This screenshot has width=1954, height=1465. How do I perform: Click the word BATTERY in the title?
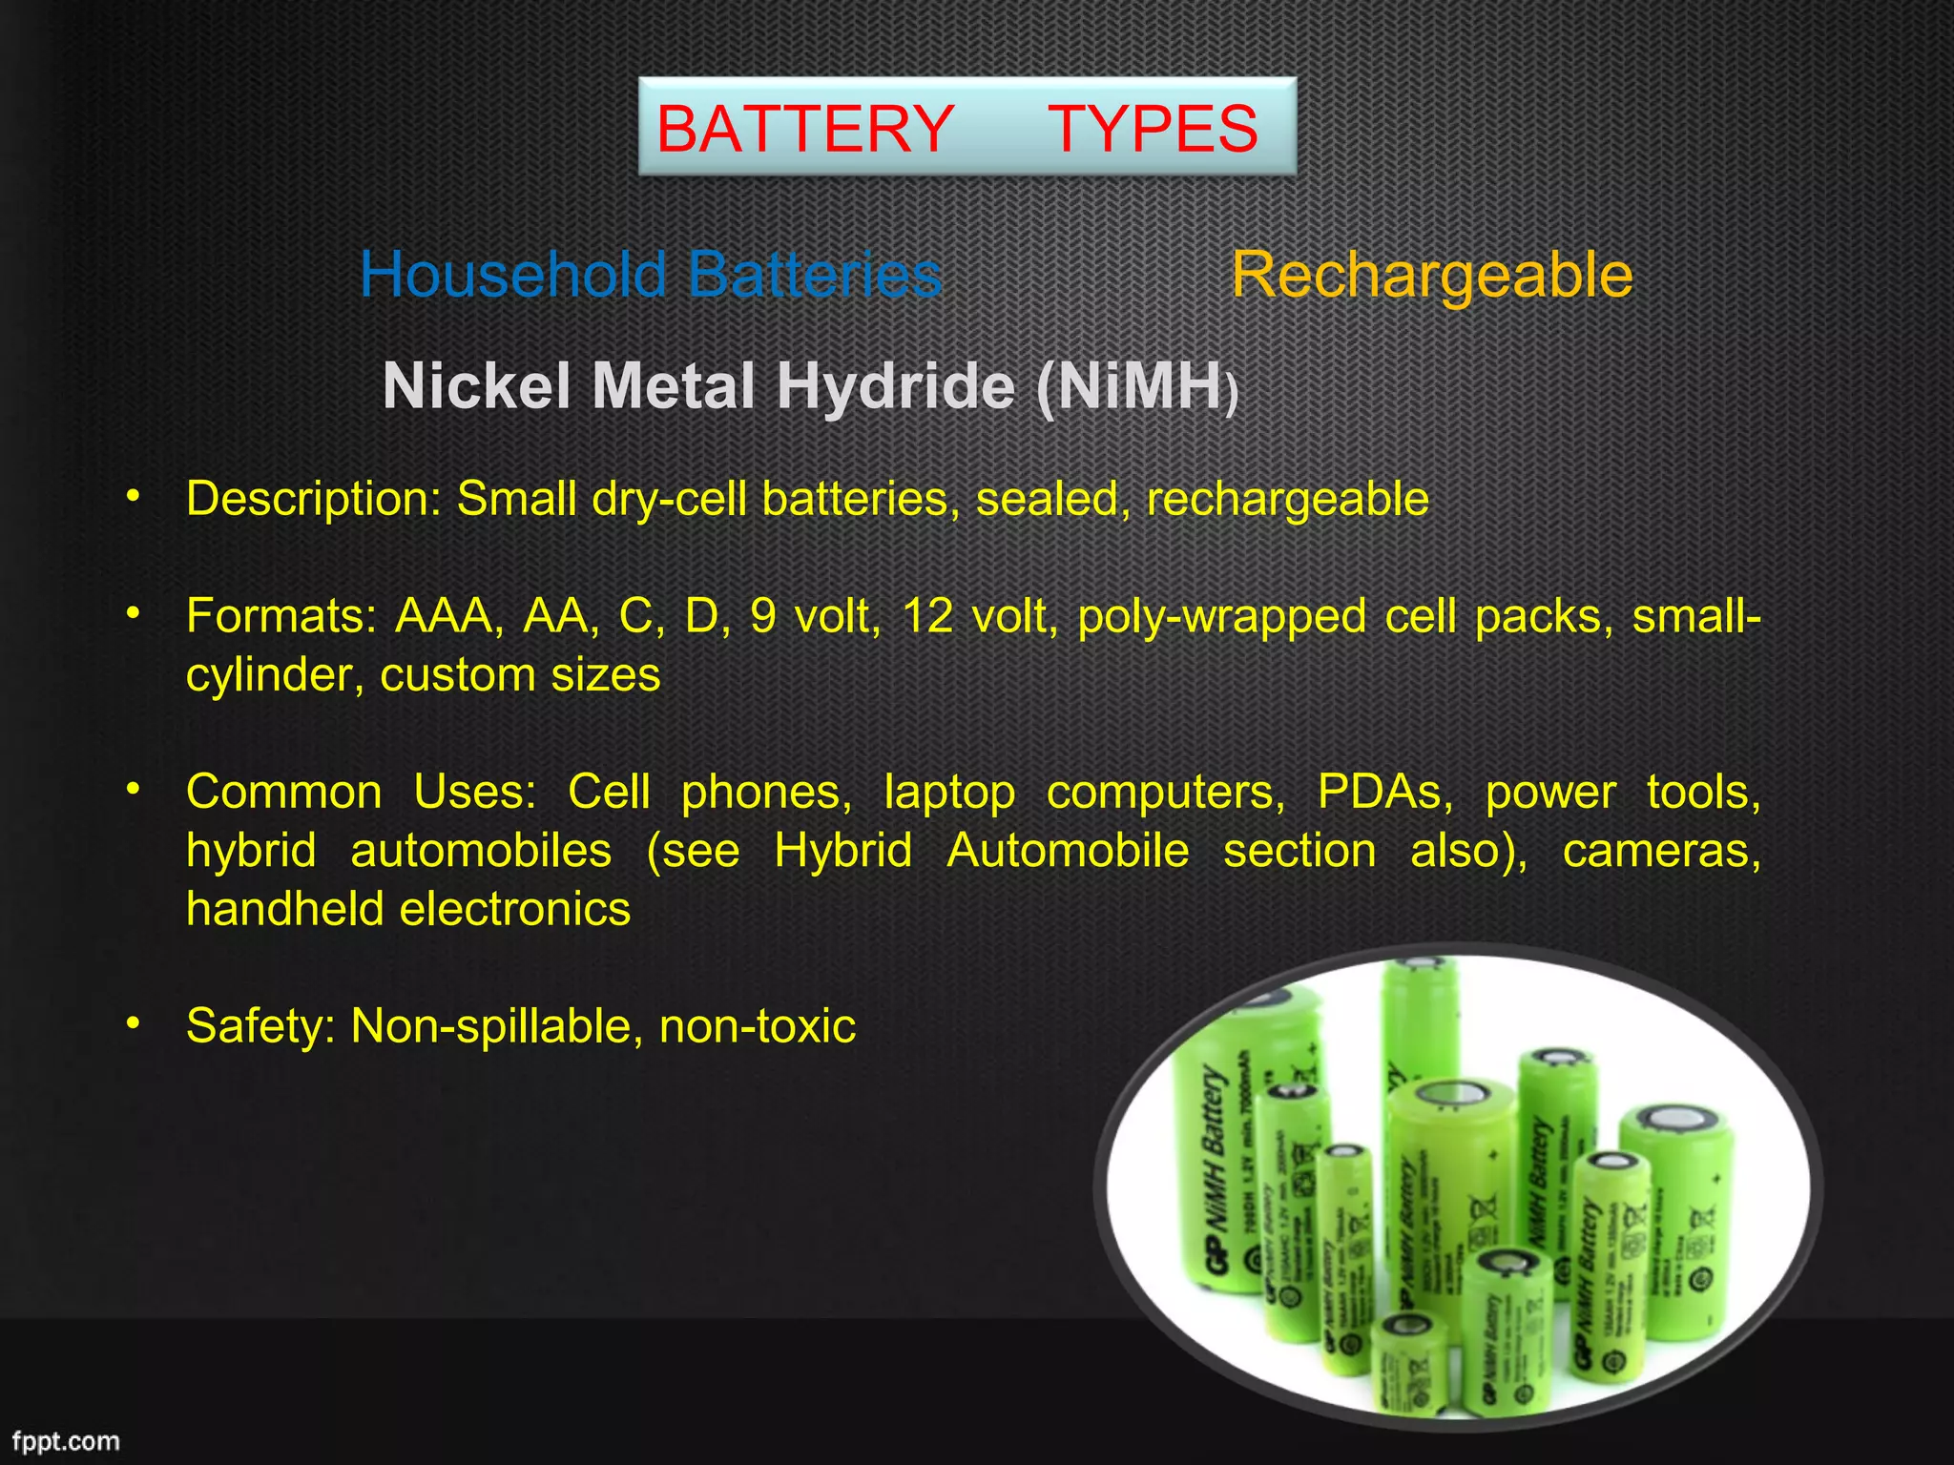(805, 129)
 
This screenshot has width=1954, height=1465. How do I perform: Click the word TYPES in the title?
(1153, 129)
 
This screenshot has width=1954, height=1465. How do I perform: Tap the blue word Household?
(513, 275)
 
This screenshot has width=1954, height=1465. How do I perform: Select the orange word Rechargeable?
(1431, 275)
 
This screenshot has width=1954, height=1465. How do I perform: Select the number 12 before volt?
(927, 616)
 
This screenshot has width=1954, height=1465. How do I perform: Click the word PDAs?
(1384, 792)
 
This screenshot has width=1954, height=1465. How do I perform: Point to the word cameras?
(1661, 850)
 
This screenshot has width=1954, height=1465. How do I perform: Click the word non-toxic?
(758, 1026)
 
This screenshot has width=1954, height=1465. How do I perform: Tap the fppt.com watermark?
(66, 1440)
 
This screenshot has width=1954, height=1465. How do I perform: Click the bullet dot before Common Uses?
(134, 789)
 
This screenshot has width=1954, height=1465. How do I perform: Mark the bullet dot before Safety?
(134, 1023)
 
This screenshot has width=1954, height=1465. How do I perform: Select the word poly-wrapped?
(1222, 616)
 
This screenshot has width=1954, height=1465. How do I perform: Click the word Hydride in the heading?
(895, 386)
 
